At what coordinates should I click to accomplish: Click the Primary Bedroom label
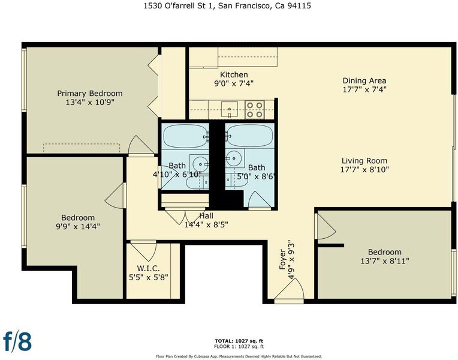[90, 94]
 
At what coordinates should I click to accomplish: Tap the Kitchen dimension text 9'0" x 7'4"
[234, 83]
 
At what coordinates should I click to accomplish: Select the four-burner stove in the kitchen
[255, 109]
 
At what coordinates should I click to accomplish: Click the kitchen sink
[229, 109]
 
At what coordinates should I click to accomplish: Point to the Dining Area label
[364, 80]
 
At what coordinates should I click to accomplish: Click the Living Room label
[364, 161]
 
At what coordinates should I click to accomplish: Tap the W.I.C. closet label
[149, 268]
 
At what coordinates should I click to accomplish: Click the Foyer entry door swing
[290, 289]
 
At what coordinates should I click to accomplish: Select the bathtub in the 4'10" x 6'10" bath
[185, 137]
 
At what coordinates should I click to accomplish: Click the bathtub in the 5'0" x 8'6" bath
[250, 136]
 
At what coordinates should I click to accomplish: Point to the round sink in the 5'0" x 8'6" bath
[234, 158]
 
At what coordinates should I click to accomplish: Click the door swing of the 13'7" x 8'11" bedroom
[325, 226]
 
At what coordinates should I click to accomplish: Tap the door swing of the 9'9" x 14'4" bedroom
[115, 196]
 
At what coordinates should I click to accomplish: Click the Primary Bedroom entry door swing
[141, 145]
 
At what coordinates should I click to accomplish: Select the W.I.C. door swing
[143, 251]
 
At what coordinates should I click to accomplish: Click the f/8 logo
[17, 341]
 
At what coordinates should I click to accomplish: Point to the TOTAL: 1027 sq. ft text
[239, 341]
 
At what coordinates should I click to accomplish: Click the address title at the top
[227, 5]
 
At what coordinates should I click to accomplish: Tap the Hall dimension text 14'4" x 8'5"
[206, 224]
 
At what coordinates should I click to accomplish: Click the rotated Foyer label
[282, 259]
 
